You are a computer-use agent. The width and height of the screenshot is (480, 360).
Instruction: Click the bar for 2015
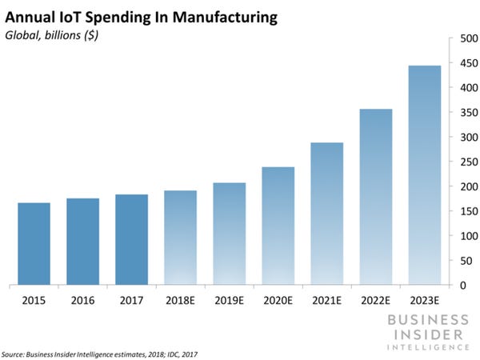(34, 244)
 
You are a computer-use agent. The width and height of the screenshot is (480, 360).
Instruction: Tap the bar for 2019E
(229, 234)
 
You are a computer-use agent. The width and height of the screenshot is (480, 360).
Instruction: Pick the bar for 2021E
(326, 214)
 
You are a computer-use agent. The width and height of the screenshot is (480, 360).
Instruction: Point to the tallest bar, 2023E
(424, 175)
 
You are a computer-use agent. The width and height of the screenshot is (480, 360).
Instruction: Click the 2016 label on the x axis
(82, 301)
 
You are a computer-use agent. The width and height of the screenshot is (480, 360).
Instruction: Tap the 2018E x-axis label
(180, 301)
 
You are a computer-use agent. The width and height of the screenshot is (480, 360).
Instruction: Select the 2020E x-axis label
(278, 301)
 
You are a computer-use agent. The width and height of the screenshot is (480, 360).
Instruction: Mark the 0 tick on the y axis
(462, 286)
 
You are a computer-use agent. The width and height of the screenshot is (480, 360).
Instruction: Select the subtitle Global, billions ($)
(51, 34)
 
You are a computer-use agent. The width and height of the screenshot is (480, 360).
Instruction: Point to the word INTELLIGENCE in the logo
(429, 346)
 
